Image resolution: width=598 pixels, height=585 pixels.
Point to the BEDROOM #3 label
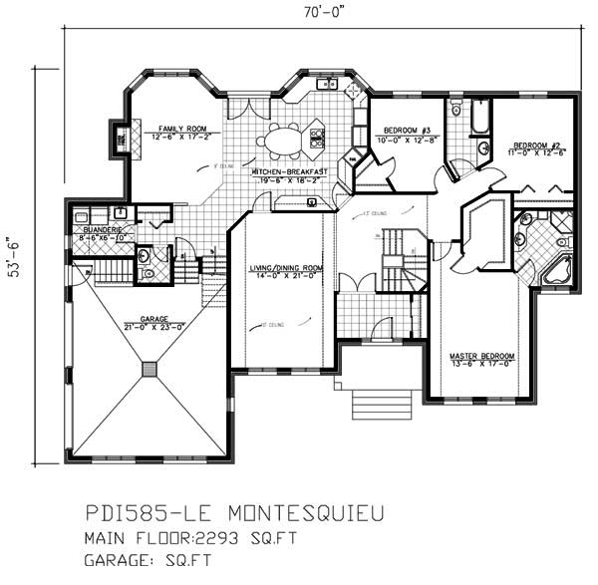pyautogui.click(x=405, y=131)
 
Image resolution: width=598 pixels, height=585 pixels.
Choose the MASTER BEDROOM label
pyautogui.click(x=482, y=356)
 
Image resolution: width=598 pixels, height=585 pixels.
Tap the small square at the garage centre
pyautogui.click(x=149, y=369)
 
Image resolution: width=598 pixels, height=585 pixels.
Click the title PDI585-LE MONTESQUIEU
pyautogui.click(x=231, y=514)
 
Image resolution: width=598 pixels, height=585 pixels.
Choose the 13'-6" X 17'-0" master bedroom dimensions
pyautogui.click(x=482, y=364)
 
